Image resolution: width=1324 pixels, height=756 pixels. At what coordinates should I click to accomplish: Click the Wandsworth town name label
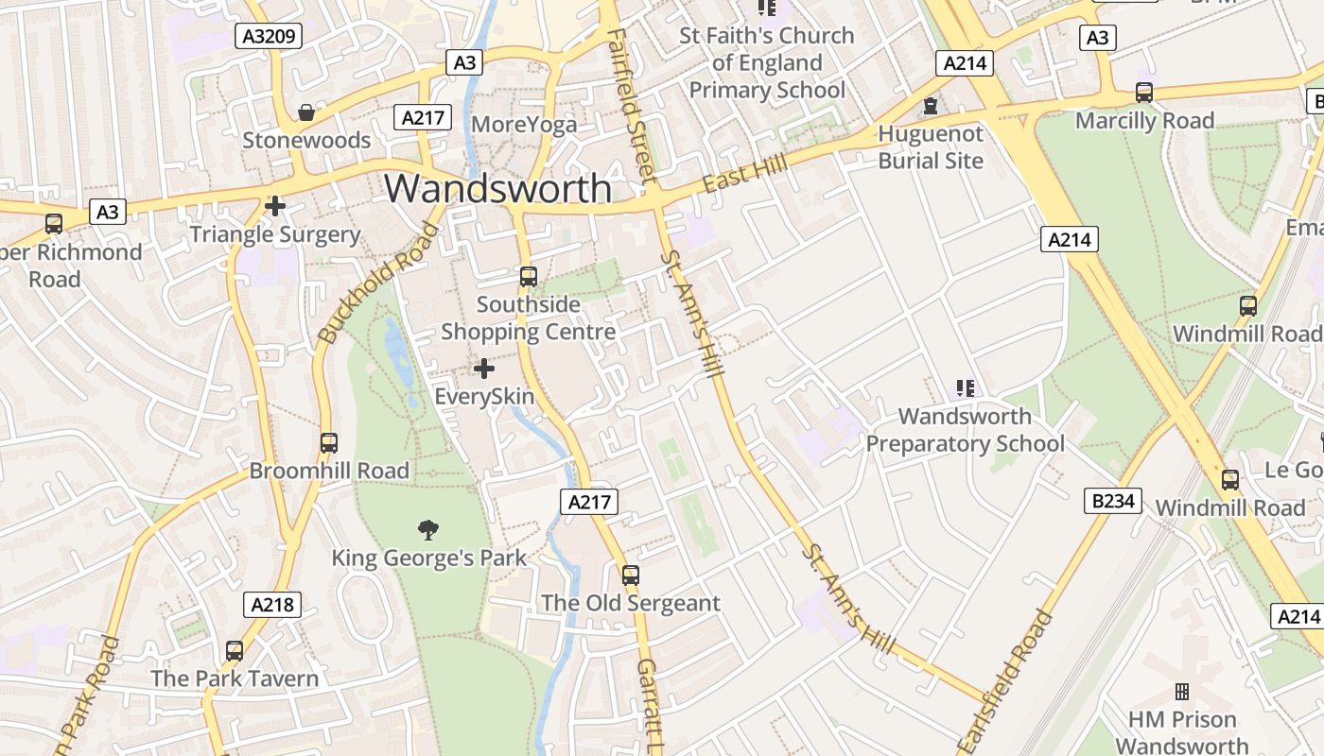pyautogui.click(x=497, y=188)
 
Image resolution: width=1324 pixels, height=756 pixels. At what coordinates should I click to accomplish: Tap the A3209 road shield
pyautogui.click(x=269, y=37)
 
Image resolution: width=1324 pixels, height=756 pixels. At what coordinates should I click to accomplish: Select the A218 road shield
pyautogui.click(x=272, y=605)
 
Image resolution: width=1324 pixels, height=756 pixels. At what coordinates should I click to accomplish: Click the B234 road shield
pyautogui.click(x=1113, y=501)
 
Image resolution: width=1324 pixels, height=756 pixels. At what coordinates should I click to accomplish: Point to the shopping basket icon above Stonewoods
pyautogui.click(x=306, y=113)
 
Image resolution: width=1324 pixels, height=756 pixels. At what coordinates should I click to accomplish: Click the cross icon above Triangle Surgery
pyautogui.click(x=275, y=206)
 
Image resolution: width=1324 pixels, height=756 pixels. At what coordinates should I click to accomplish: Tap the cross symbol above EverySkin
pyautogui.click(x=484, y=369)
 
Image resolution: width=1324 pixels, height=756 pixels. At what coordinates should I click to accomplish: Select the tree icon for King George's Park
pyautogui.click(x=427, y=529)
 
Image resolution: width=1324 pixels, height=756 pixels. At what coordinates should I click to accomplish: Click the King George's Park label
pyautogui.click(x=428, y=558)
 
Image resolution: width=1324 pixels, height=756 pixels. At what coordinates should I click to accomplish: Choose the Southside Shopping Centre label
pyautogui.click(x=529, y=318)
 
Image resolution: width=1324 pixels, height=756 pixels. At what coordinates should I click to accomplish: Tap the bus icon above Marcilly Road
pyautogui.click(x=1144, y=93)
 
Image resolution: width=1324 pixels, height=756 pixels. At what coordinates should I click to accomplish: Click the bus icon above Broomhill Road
pyautogui.click(x=329, y=442)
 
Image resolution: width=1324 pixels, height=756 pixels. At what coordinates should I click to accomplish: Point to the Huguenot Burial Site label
pyautogui.click(x=931, y=146)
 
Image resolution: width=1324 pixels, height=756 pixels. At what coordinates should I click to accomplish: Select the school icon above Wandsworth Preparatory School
pyautogui.click(x=965, y=387)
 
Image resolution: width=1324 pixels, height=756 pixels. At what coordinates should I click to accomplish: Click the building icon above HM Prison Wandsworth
pyautogui.click(x=1182, y=692)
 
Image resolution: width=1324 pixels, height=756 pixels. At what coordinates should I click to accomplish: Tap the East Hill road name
pyautogui.click(x=745, y=176)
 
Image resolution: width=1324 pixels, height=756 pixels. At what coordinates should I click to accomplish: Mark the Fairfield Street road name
pyautogui.click(x=632, y=104)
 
